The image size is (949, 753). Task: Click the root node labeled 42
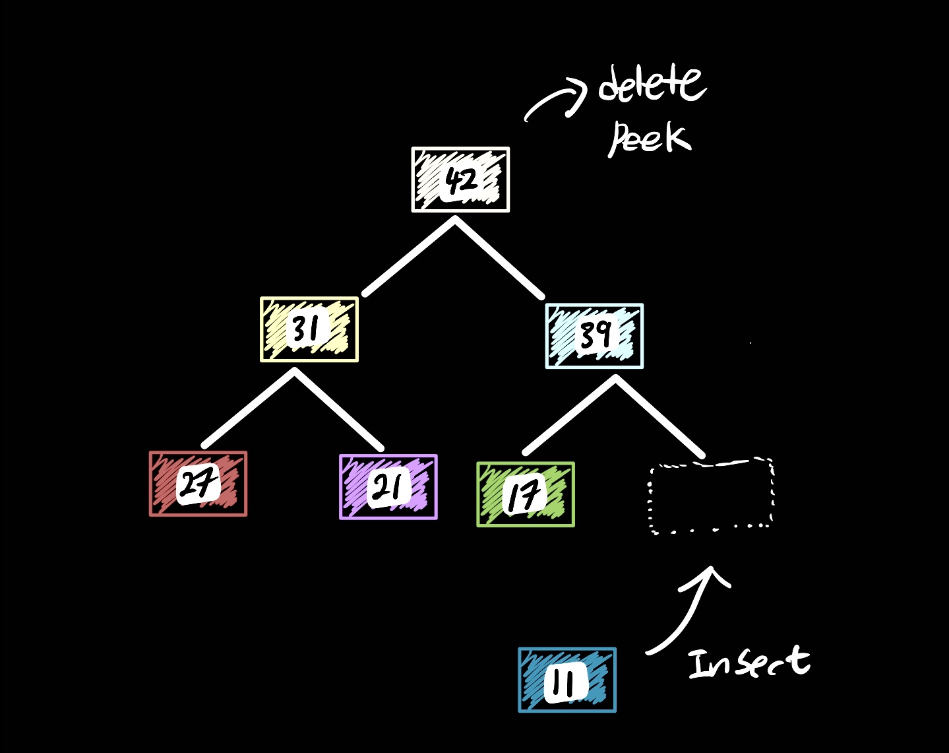(x=460, y=180)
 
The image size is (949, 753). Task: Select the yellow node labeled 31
(x=309, y=329)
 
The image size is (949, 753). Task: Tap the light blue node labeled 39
(x=594, y=335)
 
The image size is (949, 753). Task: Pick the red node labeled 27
(x=198, y=484)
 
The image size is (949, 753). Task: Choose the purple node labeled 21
(x=388, y=487)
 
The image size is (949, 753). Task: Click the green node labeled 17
(x=525, y=494)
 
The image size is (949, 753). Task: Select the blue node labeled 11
(x=566, y=680)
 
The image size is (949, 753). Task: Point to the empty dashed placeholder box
(x=711, y=496)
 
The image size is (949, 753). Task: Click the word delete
(x=652, y=84)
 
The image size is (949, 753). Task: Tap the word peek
(x=649, y=138)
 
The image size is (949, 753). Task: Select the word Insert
(x=749, y=662)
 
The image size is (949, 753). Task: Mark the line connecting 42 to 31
(x=409, y=257)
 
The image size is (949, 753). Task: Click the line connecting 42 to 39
(x=499, y=258)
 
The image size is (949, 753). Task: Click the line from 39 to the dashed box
(x=660, y=416)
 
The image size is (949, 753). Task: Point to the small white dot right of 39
(x=750, y=343)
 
